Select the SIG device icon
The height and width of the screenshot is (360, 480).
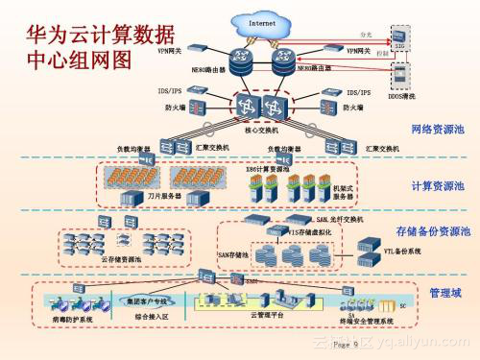point(401,38)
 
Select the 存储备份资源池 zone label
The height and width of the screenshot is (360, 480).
point(432,231)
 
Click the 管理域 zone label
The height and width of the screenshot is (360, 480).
point(445,291)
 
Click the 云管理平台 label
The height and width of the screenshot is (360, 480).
point(266,314)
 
